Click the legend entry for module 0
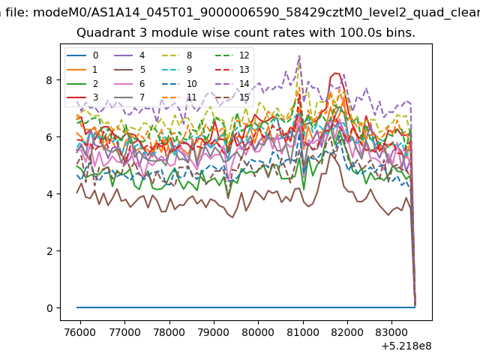[82, 55]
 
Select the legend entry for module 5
[130, 70]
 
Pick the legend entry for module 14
[234, 83]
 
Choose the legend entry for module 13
[234, 70]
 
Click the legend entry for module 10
[178, 83]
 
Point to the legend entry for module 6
[130, 83]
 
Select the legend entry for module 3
[82, 97]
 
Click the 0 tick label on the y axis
[49, 308]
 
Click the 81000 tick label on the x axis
[303, 331]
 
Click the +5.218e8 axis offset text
[406, 346]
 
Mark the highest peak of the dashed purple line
[299, 56]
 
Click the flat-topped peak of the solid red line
[336, 73]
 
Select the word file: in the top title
[18, 13]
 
